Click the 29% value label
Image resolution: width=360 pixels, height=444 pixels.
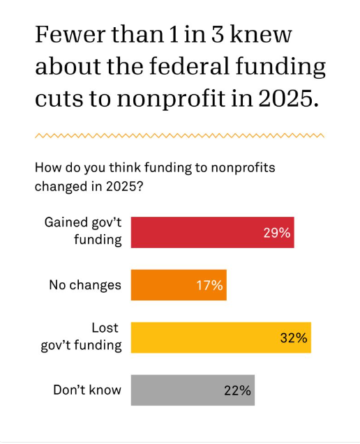pos(276,233)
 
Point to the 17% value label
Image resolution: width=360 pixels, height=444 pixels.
pos(209,285)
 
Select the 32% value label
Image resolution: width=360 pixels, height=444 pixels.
pos(293,338)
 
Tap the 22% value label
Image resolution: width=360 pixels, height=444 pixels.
pos(237,390)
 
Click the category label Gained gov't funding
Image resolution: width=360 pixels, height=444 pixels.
pos(83,232)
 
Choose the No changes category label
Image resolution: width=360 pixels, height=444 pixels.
pos(84,285)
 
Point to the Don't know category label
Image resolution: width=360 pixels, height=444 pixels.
pos(87,390)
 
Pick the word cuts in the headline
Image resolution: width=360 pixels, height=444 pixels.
pos(59,98)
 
